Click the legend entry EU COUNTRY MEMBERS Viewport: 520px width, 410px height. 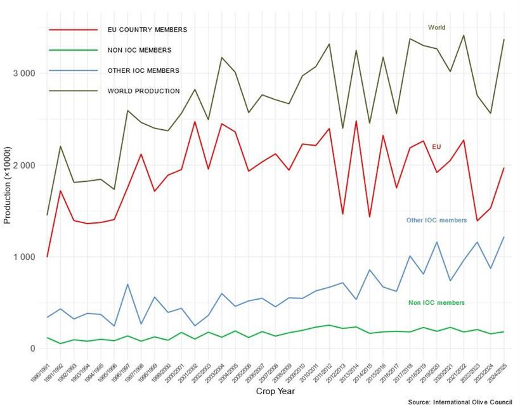[x=147, y=29]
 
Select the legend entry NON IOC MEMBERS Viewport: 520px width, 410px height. [x=140, y=50]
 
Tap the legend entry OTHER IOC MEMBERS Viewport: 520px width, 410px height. [x=143, y=70]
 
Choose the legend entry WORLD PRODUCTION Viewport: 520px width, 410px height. [x=143, y=91]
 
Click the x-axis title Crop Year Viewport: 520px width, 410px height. [x=275, y=392]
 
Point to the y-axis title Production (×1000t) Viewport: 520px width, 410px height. [x=8, y=190]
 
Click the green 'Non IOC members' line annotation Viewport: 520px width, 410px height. [x=436, y=303]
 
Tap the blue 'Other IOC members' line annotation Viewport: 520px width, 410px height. [x=436, y=221]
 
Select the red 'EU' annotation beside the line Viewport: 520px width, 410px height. [x=436, y=147]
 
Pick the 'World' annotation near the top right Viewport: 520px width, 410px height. [x=436, y=28]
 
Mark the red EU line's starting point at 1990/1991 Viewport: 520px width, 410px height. [x=48, y=257]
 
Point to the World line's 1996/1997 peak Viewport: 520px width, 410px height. [x=127, y=111]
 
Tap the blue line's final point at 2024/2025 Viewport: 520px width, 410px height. [x=505, y=237]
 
